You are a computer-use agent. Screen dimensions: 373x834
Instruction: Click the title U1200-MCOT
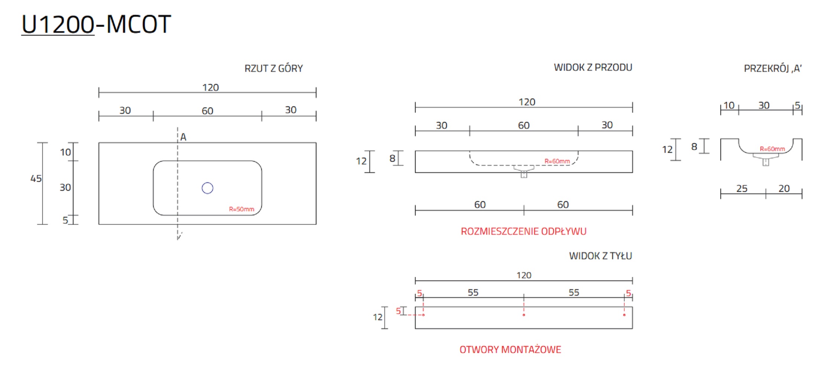[x=96, y=25]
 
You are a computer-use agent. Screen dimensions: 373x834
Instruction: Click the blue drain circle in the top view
[x=207, y=188]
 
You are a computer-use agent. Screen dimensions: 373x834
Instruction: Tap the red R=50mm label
[x=241, y=209]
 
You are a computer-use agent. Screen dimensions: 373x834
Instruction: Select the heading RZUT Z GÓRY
[x=273, y=68]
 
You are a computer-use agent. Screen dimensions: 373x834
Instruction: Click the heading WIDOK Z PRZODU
[x=593, y=67]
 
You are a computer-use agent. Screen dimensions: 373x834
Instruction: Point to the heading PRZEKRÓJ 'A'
[x=772, y=68]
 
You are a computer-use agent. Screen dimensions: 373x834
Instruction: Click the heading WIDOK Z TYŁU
[x=600, y=256]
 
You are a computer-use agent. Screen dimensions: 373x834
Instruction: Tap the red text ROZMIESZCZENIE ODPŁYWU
[x=523, y=231]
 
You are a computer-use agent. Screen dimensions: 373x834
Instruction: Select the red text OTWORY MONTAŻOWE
[x=510, y=350]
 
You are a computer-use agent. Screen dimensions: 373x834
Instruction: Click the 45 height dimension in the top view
[x=36, y=179]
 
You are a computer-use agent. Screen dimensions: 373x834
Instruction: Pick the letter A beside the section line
[x=183, y=137]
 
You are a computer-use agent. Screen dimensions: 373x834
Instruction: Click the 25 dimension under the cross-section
[x=741, y=189]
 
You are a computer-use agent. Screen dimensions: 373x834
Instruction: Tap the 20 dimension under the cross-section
[x=784, y=189]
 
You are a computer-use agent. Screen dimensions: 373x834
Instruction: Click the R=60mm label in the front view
[x=557, y=161]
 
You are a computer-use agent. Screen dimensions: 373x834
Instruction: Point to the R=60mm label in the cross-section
[x=772, y=149]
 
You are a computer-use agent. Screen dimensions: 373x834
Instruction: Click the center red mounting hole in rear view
[x=524, y=315]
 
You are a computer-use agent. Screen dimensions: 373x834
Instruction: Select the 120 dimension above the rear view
[x=524, y=275]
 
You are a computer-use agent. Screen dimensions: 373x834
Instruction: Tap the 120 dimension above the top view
[x=210, y=87]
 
